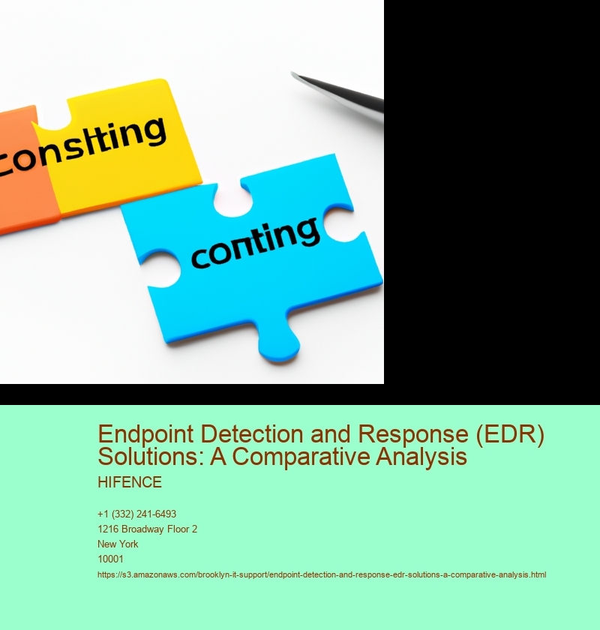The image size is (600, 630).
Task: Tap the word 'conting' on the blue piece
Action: click(255, 243)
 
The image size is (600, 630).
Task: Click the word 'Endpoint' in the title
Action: click(145, 434)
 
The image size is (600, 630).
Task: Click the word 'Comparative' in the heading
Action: click(301, 457)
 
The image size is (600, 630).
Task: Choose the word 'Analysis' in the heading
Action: click(421, 457)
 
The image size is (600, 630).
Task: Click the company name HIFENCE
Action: click(130, 482)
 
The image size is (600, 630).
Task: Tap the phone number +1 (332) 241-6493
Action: click(136, 514)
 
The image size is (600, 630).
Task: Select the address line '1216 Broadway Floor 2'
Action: click(147, 529)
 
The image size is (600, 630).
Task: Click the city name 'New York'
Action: click(118, 544)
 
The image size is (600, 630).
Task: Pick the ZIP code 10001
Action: click(110, 559)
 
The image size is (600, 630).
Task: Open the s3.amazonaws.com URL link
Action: click(322, 575)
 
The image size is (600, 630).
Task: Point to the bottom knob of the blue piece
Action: click(279, 346)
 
